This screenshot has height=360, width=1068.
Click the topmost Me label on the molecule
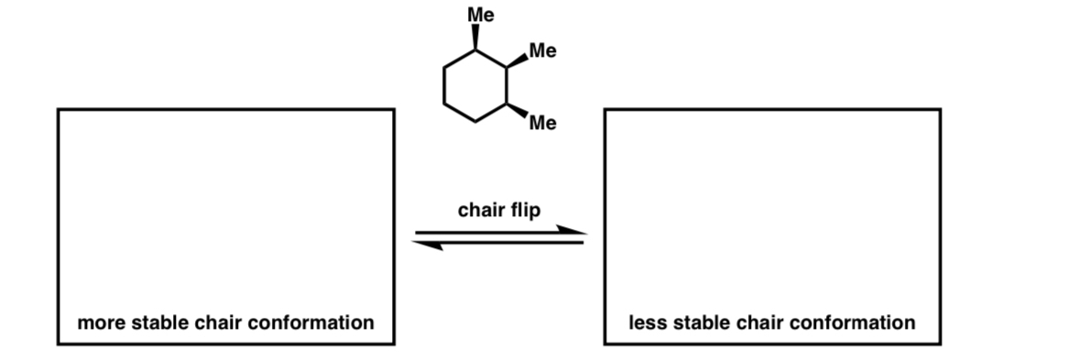point(480,15)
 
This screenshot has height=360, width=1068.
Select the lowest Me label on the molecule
point(542,124)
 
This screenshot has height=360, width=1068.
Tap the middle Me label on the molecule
point(542,51)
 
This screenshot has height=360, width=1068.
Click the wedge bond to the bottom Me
point(518,112)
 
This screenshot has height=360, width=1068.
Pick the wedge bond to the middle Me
point(518,60)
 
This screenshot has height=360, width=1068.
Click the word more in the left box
point(99,322)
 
